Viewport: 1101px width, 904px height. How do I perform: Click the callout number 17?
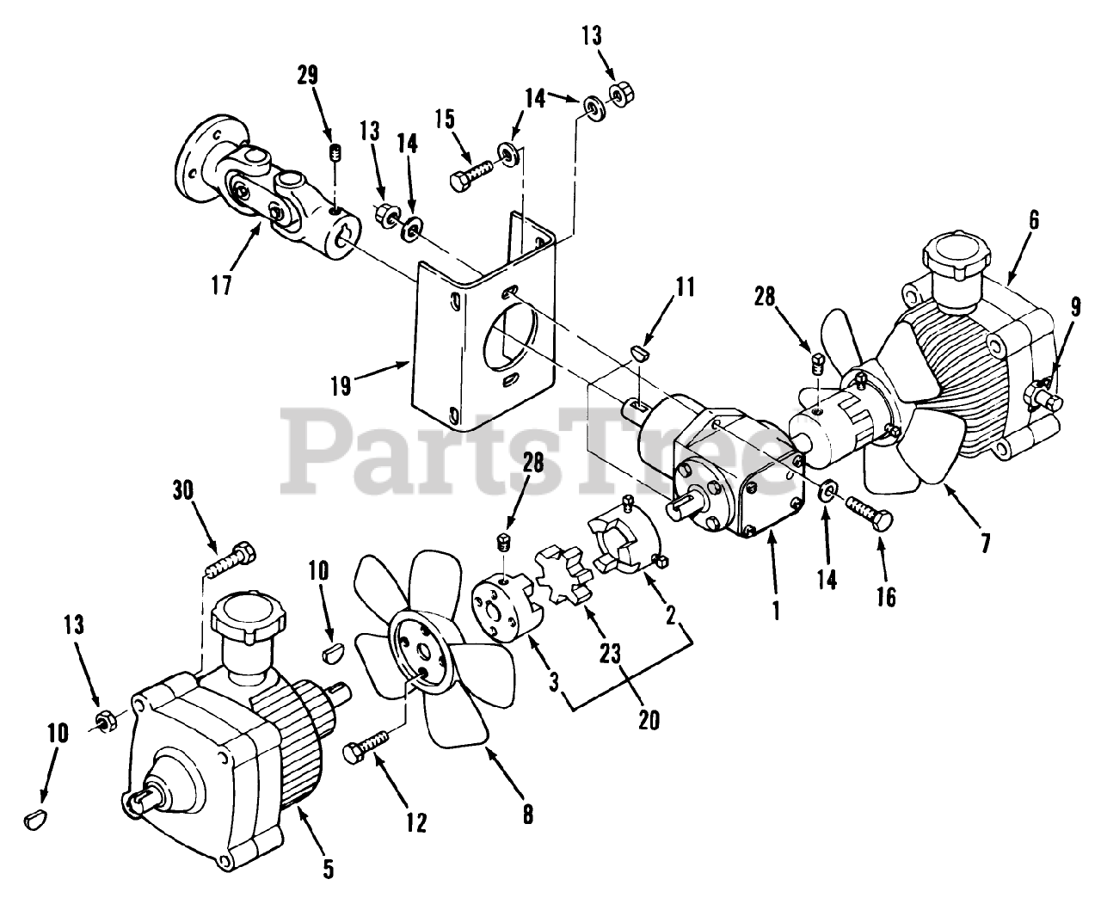coord(222,285)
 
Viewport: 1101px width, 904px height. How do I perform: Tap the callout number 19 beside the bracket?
coord(341,384)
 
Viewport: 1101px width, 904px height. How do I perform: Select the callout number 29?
coord(307,75)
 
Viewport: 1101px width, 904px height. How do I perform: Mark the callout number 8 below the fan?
coord(527,815)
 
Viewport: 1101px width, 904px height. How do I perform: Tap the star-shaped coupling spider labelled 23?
coord(563,569)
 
